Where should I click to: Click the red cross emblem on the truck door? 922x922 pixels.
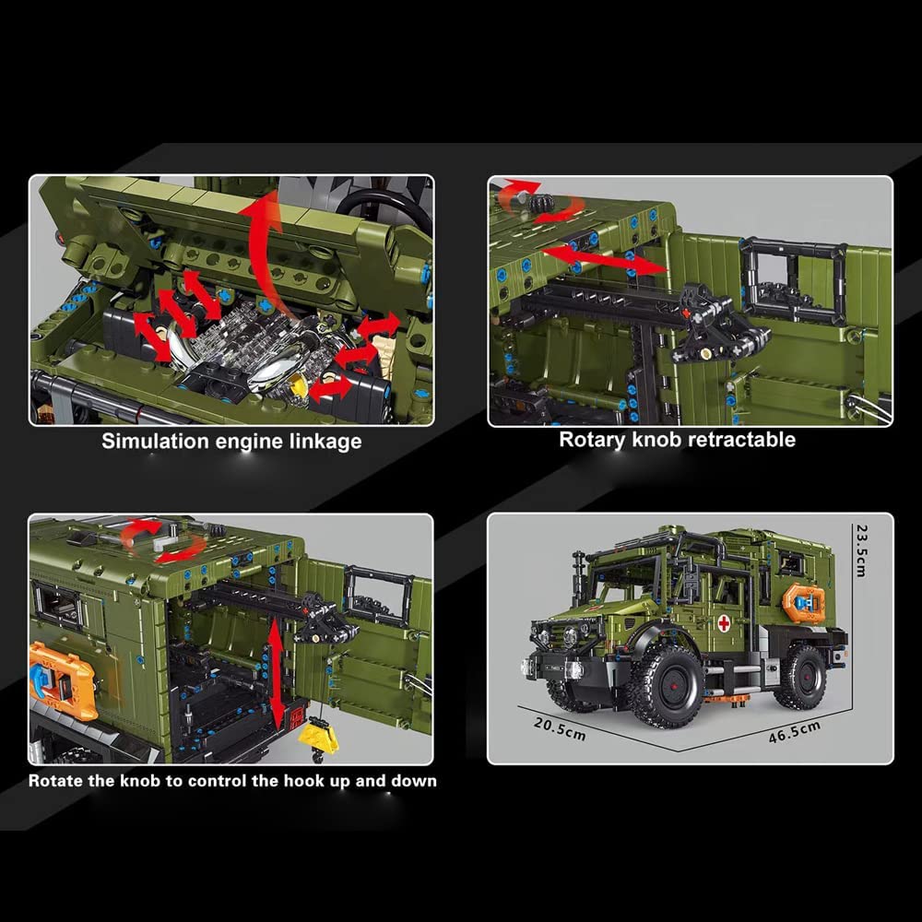pos(724,623)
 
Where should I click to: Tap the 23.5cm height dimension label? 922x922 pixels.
pos(861,550)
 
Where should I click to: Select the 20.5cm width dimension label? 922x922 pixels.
pos(560,729)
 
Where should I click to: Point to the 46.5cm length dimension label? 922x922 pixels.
pos(795,732)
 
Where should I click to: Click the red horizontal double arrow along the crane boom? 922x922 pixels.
pos(605,261)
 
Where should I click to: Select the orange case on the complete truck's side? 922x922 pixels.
pos(803,603)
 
